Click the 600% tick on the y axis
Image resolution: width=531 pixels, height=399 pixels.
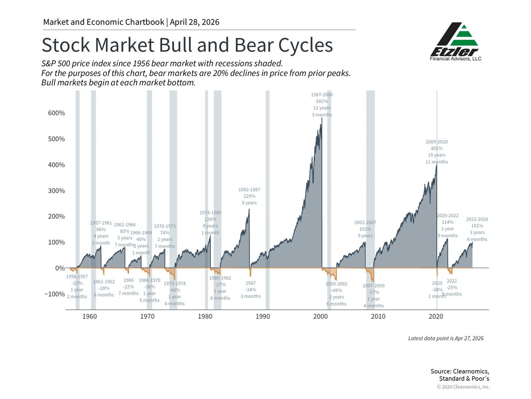pyautogui.click(x=56, y=113)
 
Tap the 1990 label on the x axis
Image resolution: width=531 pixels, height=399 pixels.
pyautogui.click(x=263, y=317)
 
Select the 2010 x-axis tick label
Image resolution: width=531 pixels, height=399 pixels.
pyautogui.click(x=378, y=317)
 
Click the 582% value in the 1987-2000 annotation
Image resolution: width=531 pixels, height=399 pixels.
pyautogui.click(x=322, y=102)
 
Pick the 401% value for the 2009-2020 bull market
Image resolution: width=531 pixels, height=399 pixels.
pyautogui.click(x=437, y=149)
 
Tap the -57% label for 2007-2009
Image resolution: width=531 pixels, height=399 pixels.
pyautogui.click(x=374, y=293)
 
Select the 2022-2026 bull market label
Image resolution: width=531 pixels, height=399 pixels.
pyautogui.click(x=477, y=219)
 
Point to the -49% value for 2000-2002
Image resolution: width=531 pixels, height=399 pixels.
pyautogui.click(x=336, y=290)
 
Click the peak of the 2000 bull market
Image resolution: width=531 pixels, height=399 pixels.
pyautogui.click(x=321, y=119)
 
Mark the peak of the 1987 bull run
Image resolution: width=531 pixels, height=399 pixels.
pyautogui.click(x=249, y=209)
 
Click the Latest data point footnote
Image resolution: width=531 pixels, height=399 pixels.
pyautogui.click(x=446, y=338)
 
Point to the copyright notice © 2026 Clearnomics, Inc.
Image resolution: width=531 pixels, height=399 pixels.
pyautogui.click(x=463, y=387)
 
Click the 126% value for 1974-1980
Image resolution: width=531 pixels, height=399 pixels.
pyautogui.click(x=210, y=219)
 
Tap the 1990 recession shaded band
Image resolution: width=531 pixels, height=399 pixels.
pyautogui.click(x=267, y=199)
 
